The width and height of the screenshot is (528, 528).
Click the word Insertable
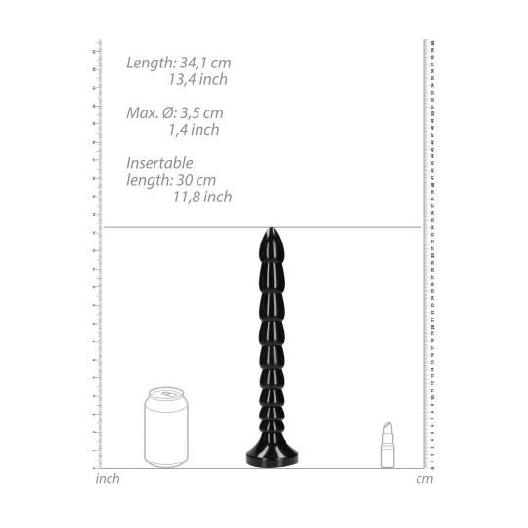pyautogui.click(x=159, y=163)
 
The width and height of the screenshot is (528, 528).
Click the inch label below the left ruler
pyautogui.click(x=108, y=479)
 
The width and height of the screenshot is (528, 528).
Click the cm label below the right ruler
pyautogui.click(x=423, y=479)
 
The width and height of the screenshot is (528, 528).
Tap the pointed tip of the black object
pyautogui.click(x=264, y=232)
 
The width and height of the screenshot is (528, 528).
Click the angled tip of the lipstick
pyautogui.click(x=388, y=428)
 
